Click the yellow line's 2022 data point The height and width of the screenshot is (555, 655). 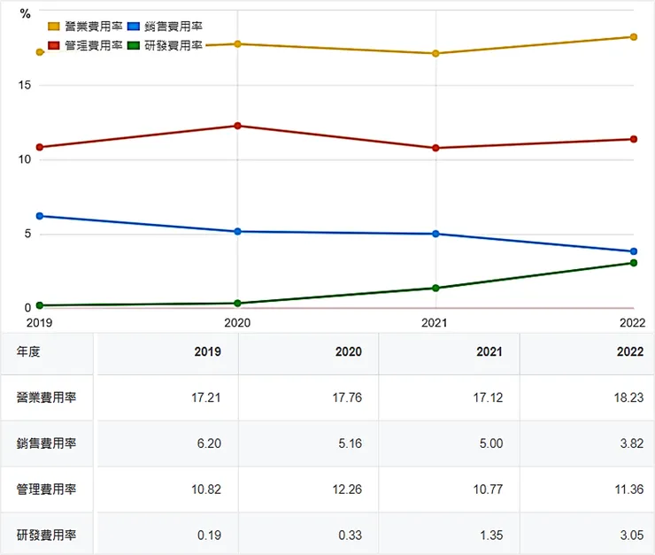click(x=634, y=36)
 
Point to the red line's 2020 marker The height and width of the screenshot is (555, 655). click(x=237, y=126)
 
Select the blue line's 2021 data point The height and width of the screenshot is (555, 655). click(x=435, y=234)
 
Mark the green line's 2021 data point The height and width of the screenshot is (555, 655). click(x=435, y=288)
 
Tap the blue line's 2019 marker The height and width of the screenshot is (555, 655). click(x=40, y=216)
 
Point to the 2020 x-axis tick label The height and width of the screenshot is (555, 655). click(x=237, y=323)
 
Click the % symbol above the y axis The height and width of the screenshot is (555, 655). click(x=26, y=13)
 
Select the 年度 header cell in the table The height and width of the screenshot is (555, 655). click(x=28, y=351)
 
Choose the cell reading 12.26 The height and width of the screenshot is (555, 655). click(x=348, y=489)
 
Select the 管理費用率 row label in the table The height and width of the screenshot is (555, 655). click(x=46, y=489)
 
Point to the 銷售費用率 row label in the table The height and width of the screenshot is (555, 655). click(x=46, y=443)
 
